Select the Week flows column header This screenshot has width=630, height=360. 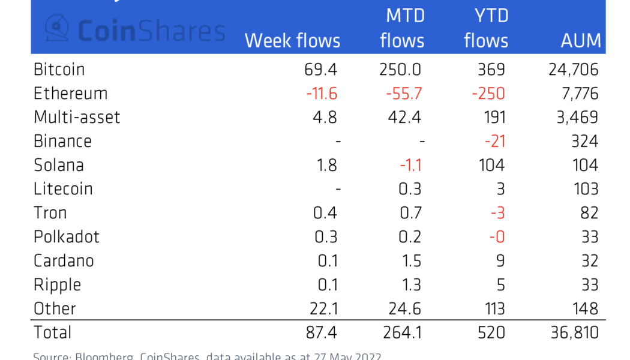pyautogui.click(x=292, y=41)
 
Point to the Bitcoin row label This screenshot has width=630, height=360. pyautogui.click(x=59, y=70)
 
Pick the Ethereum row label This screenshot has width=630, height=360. pyautogui.click(x=70, y=94)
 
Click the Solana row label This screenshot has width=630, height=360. pyautogui.click(x=58, y=165)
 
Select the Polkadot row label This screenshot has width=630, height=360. pyautogui.click(x=66, y=236)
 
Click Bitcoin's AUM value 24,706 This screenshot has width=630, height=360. pyautogui.click(x=573, y=70)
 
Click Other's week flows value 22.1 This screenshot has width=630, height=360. pyautogui.click(x=322, y=308)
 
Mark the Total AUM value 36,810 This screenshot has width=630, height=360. pyautogui.click(x=573, y=332)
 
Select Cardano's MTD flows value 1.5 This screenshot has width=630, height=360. pyautogui.click(x=409, y=260)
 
